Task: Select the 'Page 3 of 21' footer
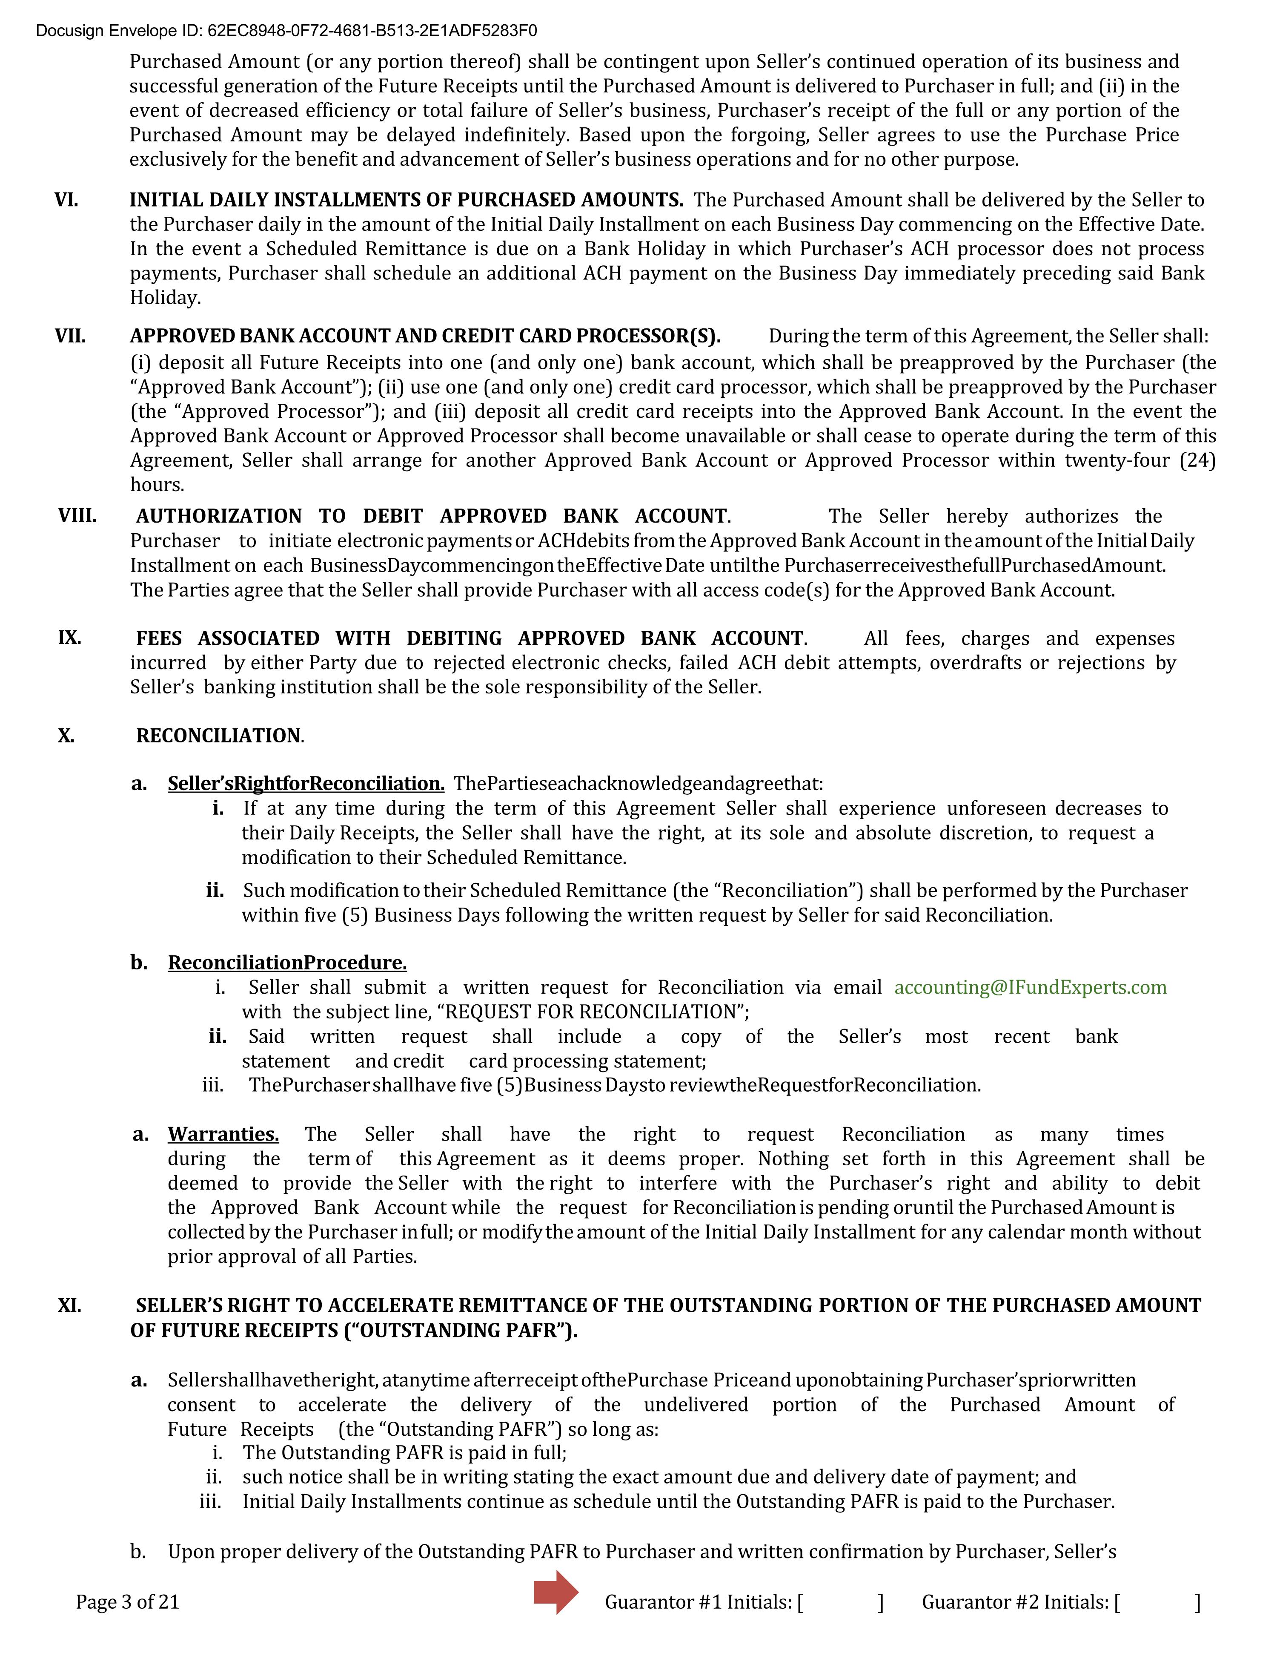(x=127, y=1601)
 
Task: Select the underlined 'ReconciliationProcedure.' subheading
(x=287, y=963)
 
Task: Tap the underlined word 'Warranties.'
(x=223, y=1135)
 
